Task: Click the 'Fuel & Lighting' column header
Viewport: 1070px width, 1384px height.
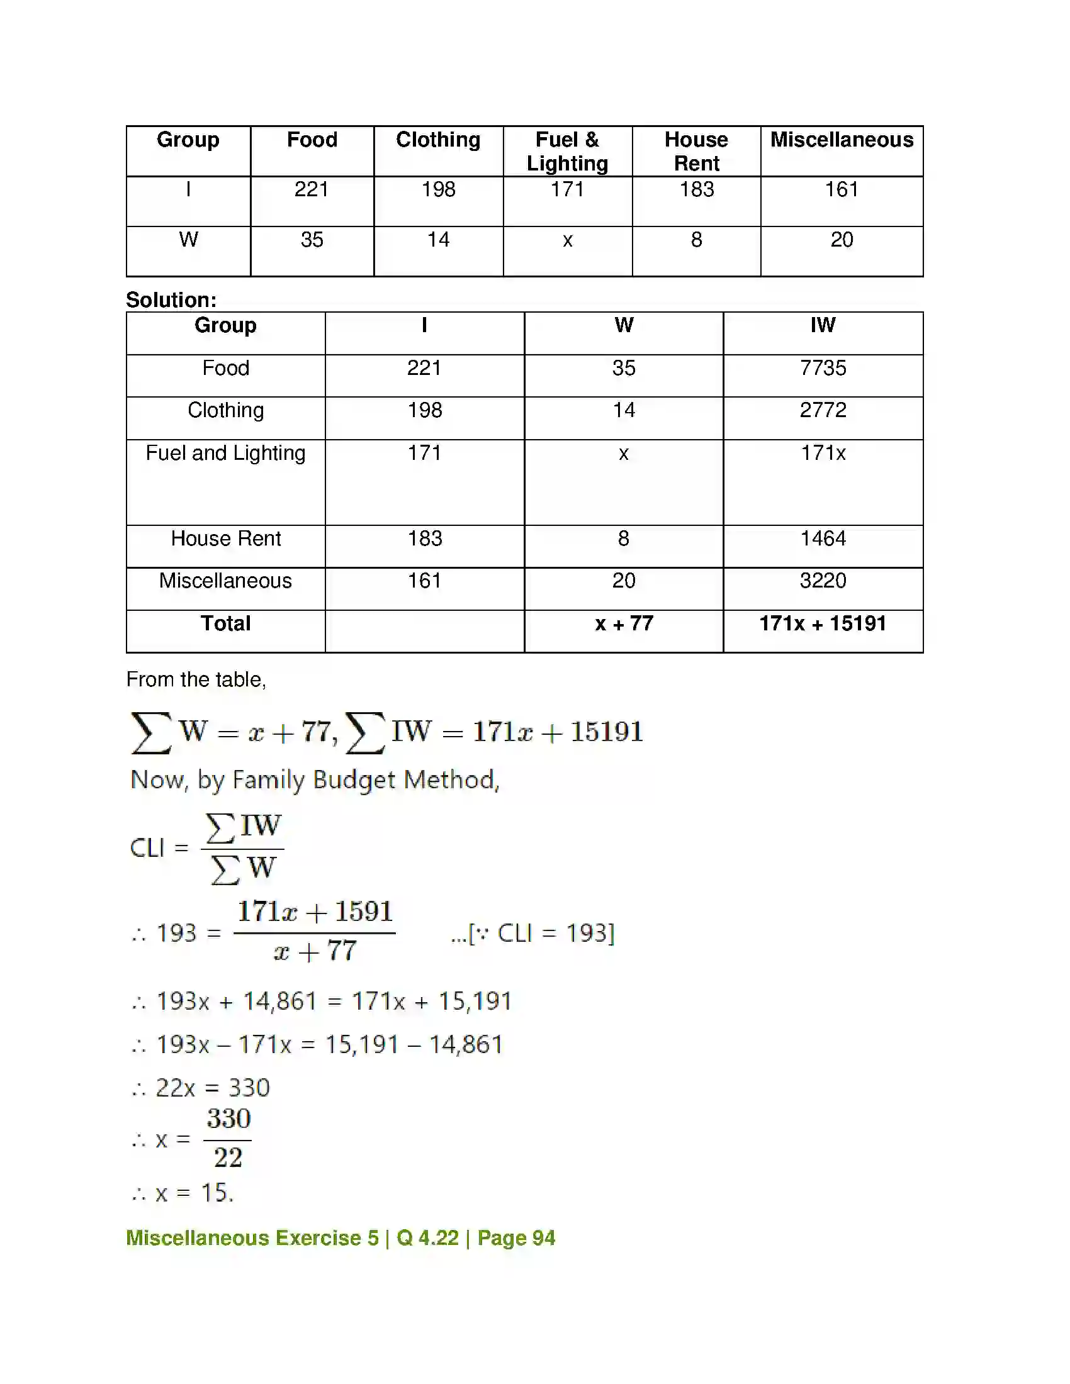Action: tap(567, 152)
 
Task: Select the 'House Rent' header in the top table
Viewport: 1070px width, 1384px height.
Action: tap(696, 152)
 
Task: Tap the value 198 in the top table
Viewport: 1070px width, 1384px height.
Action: tap(438, 189)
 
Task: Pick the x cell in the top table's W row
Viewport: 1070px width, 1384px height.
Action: tap(567, 240)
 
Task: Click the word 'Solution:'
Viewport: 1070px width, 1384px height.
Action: tap(171, 299)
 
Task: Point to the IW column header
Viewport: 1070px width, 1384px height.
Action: tap(823, 325)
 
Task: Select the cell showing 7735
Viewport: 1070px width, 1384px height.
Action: tap(823, 368)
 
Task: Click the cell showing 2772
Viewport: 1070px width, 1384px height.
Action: tap(823, 410)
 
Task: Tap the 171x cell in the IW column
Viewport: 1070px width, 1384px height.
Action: tap(823, 453)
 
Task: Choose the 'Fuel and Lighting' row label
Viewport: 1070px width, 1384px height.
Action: tap(226, 453)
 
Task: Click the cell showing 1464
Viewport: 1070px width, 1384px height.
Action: tap(823, 539)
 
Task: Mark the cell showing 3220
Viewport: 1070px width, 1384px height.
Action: tap(823, 581)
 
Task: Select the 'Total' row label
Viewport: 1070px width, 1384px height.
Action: tap(226, 623)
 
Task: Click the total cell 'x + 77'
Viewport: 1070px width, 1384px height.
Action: tap(624, 623)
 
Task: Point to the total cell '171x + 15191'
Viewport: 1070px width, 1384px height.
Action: tap(823, 623)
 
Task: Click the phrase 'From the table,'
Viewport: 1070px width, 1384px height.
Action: tap(196, 679)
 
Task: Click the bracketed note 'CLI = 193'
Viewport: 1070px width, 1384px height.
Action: tap(532, 933)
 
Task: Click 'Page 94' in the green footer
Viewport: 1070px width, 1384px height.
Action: tap(516, 1238)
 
